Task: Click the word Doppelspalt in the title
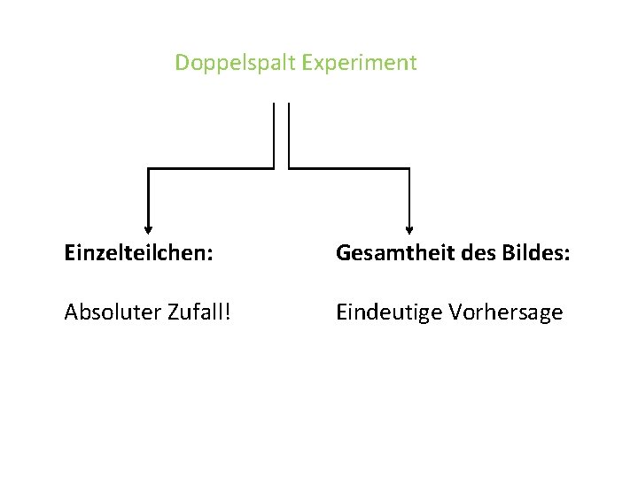(235, 64)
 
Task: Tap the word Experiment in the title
(359, 64)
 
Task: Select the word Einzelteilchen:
(138, 254)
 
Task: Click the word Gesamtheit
(388, 254)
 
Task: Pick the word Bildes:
(530, 254)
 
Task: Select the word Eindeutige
(389, 312)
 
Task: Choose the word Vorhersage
(506, 312)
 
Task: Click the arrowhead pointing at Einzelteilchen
(148, 229)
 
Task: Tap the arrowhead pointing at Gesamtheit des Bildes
(409, 229)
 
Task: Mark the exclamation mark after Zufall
(231, 312)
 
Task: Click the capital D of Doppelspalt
(182, 64)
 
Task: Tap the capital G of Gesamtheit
(343, 254)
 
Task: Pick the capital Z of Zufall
(170, 312)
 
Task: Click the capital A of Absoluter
(71, 312)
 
